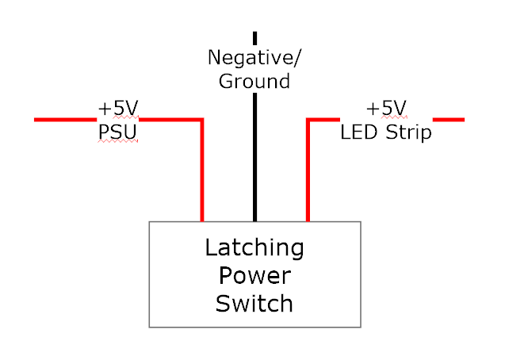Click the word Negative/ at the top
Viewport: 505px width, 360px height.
[x=254, y=58]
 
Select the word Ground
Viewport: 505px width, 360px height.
[x=254, y=81]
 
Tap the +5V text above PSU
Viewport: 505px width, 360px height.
[x=118, y=109]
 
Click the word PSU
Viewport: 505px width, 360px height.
[x=117, y=131]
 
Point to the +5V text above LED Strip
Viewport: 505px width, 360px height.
[x=386, y=109]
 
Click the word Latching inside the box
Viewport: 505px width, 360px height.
[x=254, y=248]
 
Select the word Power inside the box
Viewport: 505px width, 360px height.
[x=254, y=276]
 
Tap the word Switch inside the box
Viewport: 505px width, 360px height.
[x=254, y=303]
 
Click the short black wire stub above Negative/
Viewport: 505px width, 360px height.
[x=254, y=37]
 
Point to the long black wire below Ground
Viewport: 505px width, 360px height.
[x=254, y=159]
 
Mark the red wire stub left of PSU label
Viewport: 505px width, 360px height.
[x=63, y=120]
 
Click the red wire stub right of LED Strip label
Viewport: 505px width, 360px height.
[x=449, y=120]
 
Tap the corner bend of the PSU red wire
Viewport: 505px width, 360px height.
[x=202, y=121]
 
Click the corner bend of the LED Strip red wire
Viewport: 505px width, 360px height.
[x=308, y=121]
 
